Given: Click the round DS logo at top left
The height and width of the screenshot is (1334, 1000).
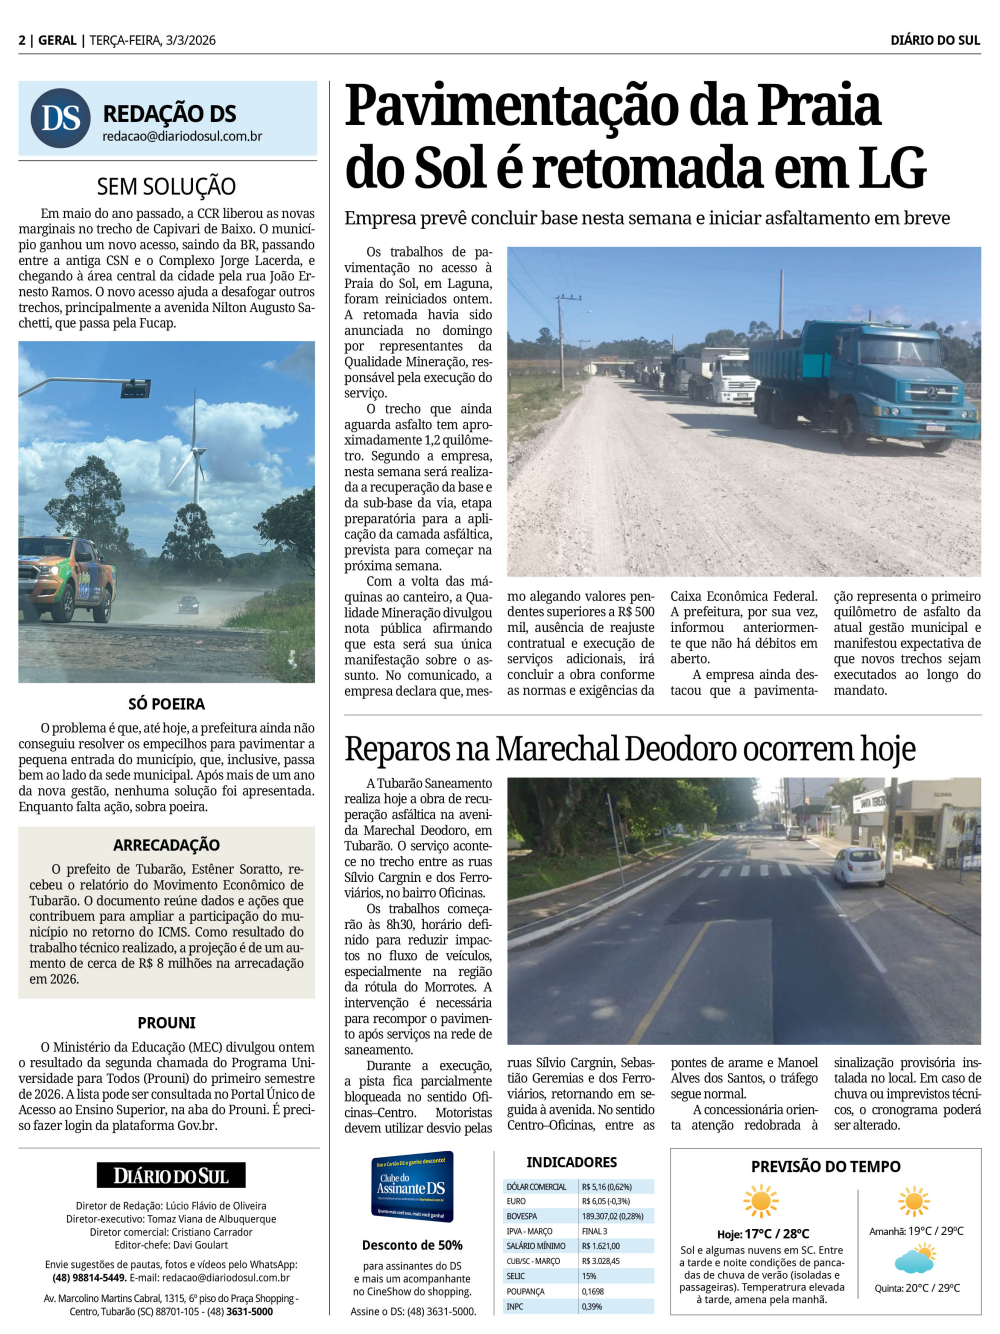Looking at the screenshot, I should click(x=60, y=118).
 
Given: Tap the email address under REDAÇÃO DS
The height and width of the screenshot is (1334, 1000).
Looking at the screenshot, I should click(x=182, y=136).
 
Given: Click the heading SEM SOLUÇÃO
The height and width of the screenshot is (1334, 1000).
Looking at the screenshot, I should click(x=166, y=186).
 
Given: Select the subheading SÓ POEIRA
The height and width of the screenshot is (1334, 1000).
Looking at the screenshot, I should click(x=166, y=704).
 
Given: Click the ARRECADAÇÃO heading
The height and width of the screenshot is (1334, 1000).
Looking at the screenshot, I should click(x=166, y=845).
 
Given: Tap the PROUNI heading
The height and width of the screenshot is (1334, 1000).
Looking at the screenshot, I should click(x=166, y=1023).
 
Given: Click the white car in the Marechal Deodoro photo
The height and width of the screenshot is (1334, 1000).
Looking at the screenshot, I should click(x=858, y=866).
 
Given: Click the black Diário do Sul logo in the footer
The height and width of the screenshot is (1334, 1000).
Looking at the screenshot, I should click(x=171, y=1176).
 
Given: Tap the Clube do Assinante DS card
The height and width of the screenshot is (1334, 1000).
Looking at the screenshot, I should click(x=412, y=1187).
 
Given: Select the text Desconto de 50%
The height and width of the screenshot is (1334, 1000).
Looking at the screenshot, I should click(x=412, y=1245).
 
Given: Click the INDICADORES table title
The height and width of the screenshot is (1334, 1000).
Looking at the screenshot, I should click(x=572, y=1162).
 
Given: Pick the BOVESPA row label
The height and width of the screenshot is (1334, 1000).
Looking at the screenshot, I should click(x=522, y=1216).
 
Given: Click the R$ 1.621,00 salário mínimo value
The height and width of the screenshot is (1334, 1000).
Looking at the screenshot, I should click(x=601, y=1246).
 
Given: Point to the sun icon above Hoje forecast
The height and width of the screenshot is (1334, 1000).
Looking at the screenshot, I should click(x=761, y=1200).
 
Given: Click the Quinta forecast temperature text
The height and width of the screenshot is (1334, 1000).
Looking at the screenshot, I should click(x=917, y=1288).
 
